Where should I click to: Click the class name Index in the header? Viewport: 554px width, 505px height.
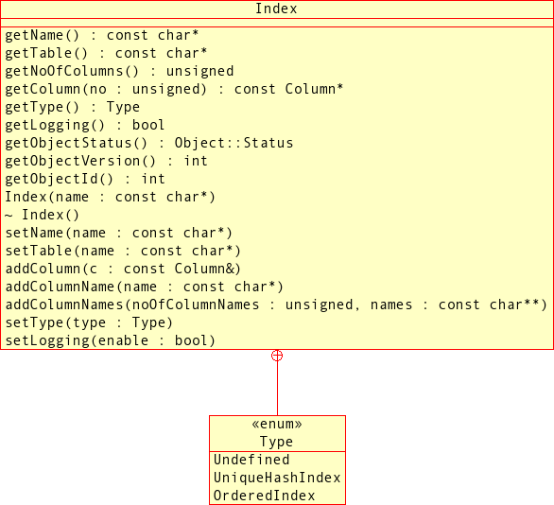(276, 9)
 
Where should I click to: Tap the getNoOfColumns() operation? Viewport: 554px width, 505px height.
(119, 71)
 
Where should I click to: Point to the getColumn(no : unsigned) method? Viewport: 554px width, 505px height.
(174, 89)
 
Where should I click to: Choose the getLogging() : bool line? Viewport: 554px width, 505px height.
(85, 125)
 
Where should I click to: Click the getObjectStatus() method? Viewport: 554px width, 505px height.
(149, 143)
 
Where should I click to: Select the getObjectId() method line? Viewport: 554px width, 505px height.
(85, 179)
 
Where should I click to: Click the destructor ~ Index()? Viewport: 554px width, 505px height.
(43, 215)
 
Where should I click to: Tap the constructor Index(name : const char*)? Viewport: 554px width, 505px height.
(111, 197)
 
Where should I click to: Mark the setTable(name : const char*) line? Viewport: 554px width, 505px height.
(123, 251)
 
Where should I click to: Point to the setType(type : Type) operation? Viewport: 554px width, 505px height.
(89, 322)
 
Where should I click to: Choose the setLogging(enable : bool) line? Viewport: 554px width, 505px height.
(111, 340)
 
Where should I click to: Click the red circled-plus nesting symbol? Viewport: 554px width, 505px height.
(277, 356)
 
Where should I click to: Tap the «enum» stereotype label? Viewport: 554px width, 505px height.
(277, 425)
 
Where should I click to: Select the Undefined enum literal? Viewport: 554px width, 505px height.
(251, 460)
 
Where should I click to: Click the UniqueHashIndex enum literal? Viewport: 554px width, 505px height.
(277, 478)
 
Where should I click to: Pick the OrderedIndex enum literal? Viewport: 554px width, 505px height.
(265, 496)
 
